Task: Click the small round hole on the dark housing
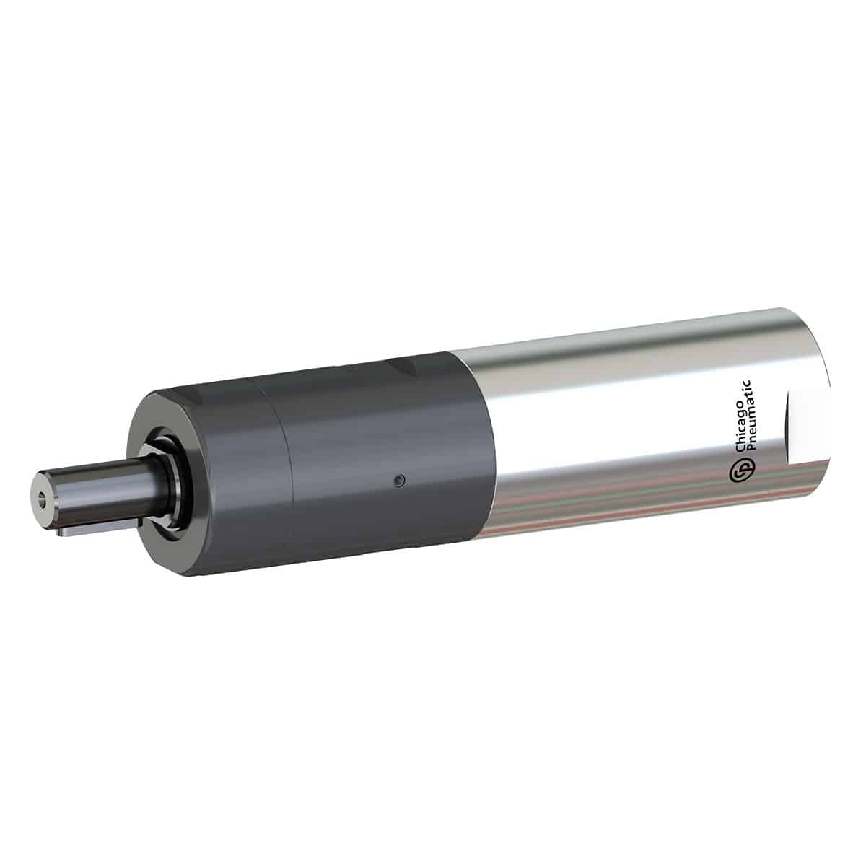398,479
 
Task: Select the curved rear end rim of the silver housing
823,404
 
